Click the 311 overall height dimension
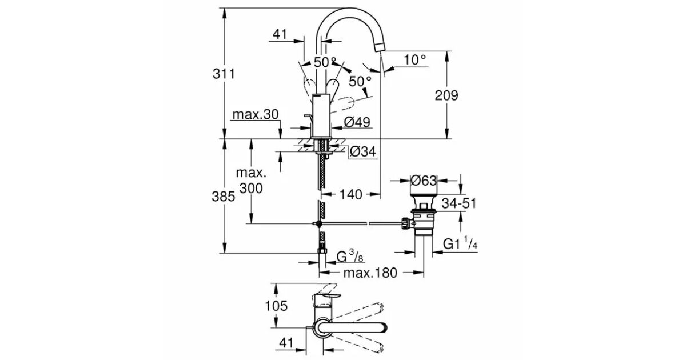224,74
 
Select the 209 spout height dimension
446,95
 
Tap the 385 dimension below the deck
224,197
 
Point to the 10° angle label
414,60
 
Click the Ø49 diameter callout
357,122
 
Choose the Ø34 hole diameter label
363,151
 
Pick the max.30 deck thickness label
256,114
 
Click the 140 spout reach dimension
351,194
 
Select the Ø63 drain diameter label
424,181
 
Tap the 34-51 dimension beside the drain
459,203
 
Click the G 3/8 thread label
350,256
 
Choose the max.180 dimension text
370,273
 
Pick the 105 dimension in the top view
276,306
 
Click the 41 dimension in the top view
286,343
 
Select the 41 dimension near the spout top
280,34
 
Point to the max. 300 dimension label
251,181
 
